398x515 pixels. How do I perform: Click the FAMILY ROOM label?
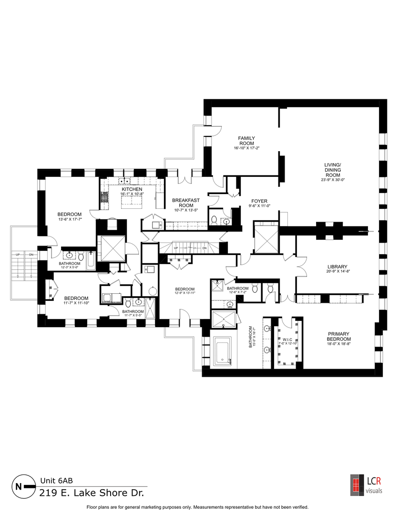pyautogui.click(x=246, y=141)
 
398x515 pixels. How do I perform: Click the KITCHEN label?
pyautogui.click(x=129, y=189)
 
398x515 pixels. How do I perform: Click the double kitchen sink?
pyautogui.click(x=125, y=181)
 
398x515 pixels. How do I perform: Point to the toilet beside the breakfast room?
pyautogui.click(x=214, y=220)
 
